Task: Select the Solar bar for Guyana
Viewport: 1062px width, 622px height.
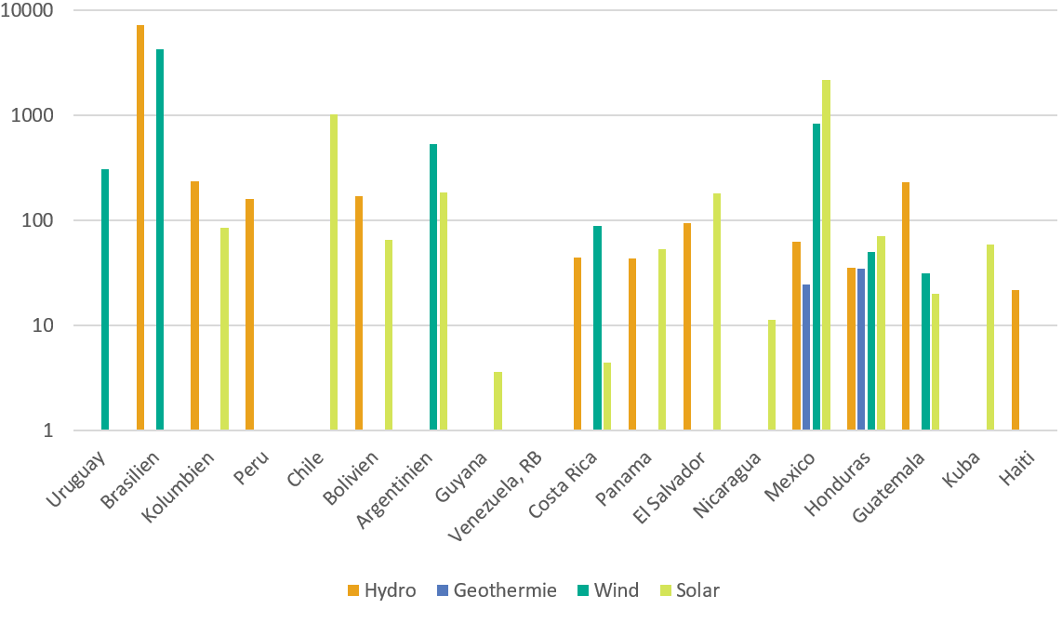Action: coord(498,401)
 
